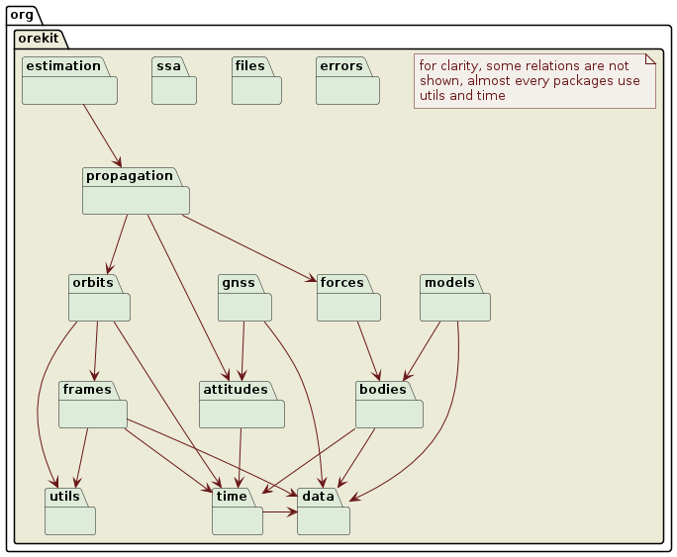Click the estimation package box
pyautogui.click(x=69, y=88)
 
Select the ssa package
pyautogui.click(x=174, y=88)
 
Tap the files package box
pyautogui.click(x=256, y=88)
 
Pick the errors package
pyautogui.click(x=347, y=88)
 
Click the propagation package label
pyautogui.click(x=129, y=176)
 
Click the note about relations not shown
pyautogui.click(x=534, y=80)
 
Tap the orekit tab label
pyautogui.click(x=40, y=40)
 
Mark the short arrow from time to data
pyautogui.click(x=280, y=512)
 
